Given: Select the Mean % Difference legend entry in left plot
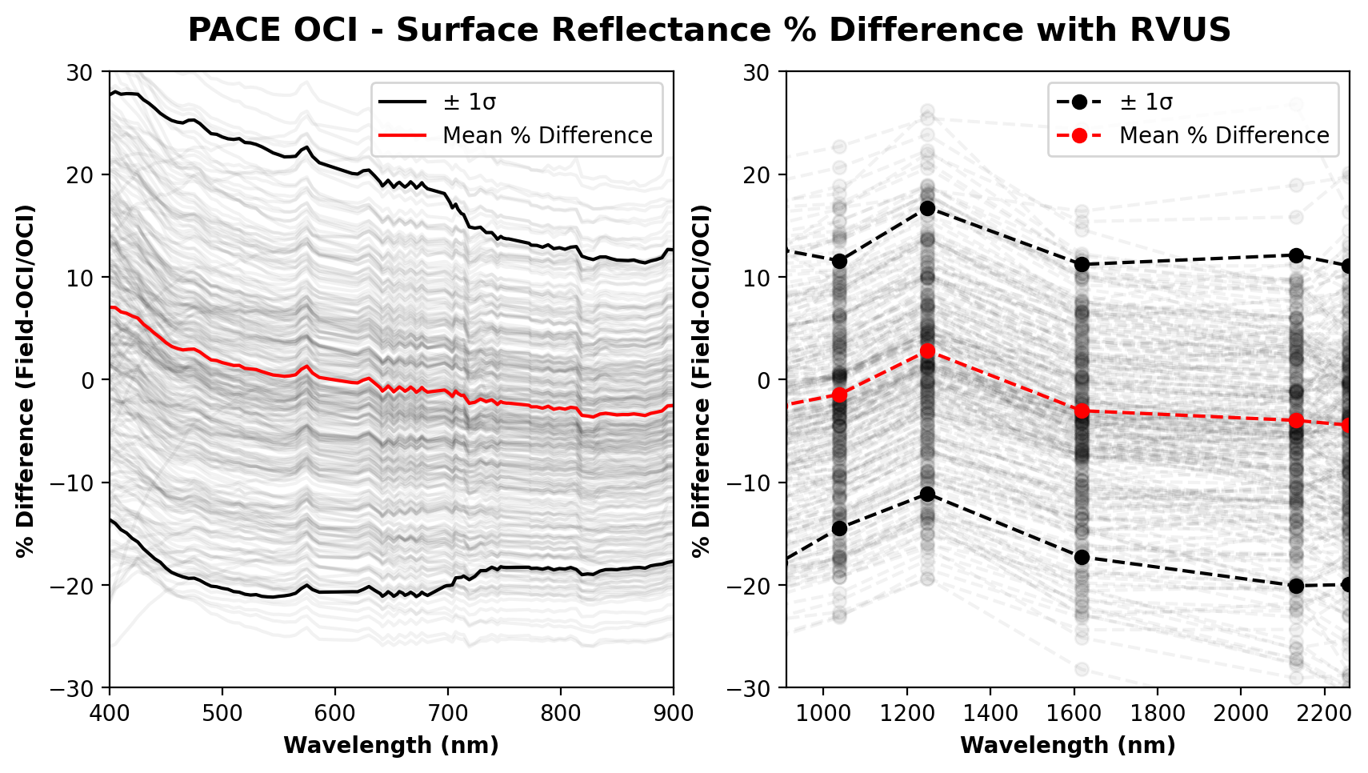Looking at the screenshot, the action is [516, 135].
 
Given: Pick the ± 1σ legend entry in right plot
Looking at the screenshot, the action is [1115, 102].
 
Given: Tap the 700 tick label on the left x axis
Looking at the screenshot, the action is [448, 713].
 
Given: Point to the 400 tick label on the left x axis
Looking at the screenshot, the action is [110, 713].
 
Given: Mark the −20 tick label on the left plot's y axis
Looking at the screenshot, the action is [78, 586].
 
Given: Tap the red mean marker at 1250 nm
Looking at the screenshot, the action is [928, 350].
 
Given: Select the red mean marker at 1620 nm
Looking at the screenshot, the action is [1082, 411].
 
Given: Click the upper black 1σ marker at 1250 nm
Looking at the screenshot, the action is [928, 208].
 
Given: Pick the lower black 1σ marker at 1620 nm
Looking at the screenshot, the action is [1082, 557].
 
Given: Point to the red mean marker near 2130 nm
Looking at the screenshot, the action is [1296, 420].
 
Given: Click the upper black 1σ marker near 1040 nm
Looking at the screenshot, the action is [840, 261].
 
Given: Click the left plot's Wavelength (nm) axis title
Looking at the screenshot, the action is [391, 746].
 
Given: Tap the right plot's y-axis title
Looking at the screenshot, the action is [702, 381].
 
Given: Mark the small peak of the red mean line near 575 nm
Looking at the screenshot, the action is [306, 366].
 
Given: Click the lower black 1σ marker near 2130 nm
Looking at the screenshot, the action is [1296, 586].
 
